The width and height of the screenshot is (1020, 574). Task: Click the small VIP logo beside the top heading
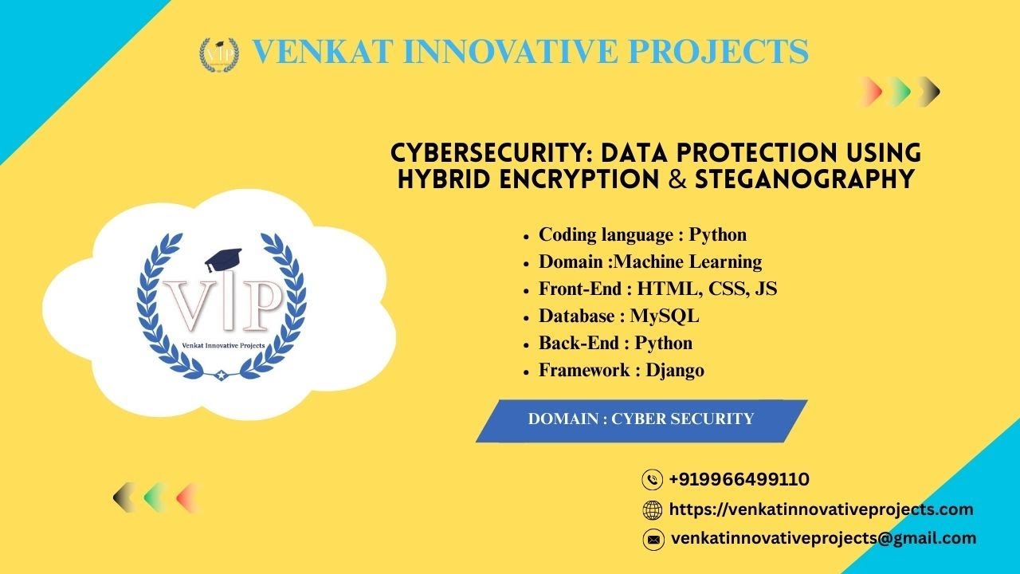pyautogui.click(x=218, y=54)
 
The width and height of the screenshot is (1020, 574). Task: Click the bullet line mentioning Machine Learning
pyautogui.click(x=649, y=261)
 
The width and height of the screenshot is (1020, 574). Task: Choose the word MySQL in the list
pyautogui.click(x=664, y=316)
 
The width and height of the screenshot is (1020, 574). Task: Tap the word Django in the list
pyautogui.click(x=675, y=370)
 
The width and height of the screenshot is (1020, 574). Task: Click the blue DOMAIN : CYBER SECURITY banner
pyautogui.click(x=641, y=419)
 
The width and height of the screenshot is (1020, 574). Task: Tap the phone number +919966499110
pyautogui.click(x=739, y=479)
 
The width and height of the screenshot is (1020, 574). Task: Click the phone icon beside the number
pyautogui.click(x=652, y=479)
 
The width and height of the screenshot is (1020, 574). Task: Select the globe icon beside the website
pyautogui.click(x=652, y=509)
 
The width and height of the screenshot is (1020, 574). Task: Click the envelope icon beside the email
pyautogui.click(x=653, y=539)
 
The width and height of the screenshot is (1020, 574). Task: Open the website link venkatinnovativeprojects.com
pyautogui.click(x=821, y=509)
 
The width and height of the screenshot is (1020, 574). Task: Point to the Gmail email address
pyautogui.click(x=823, y=538)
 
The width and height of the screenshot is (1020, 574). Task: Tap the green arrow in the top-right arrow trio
pyautogui.click(x=898, y=91)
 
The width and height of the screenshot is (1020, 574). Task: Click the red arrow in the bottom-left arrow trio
pyautogui.click(x=186, y=497)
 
